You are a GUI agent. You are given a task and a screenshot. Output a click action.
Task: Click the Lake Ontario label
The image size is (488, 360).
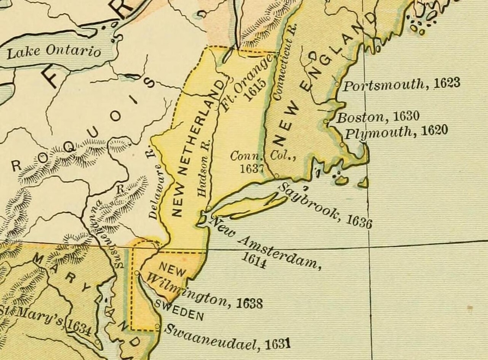[54, 52]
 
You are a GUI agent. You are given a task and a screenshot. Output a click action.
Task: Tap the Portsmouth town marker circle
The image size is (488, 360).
[337, 84]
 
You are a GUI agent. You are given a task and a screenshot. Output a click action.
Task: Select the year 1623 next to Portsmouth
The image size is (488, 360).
[447, 83]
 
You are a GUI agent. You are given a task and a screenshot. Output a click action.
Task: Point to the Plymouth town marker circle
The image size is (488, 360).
[342, 144]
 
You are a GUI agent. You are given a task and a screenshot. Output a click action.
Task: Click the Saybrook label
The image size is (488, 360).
[309, 202]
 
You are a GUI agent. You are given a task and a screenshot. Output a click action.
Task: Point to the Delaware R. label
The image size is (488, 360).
[155, 189]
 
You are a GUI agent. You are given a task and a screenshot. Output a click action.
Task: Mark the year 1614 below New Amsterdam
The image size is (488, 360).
[254, 260]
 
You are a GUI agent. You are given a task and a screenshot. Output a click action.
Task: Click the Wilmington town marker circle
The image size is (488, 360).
[137, 273]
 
